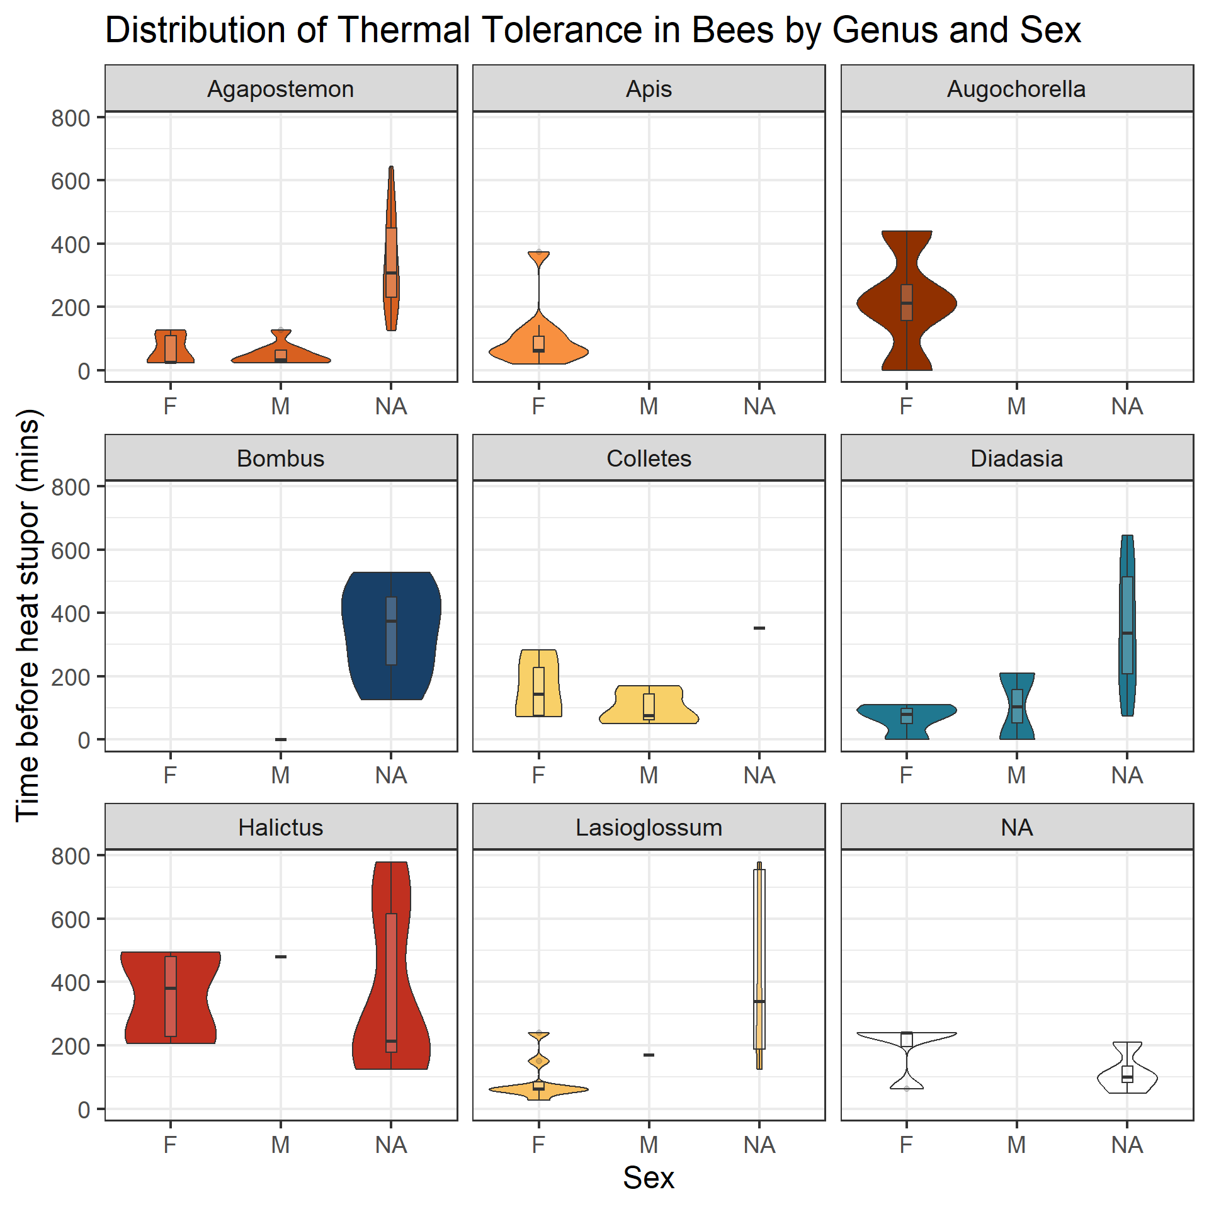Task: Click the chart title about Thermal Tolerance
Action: [593, 30]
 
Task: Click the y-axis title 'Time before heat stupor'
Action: [28, 615]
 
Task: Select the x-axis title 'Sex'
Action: [648, 1177]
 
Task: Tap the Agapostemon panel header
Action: [281, 89]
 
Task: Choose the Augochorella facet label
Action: [1016, 89]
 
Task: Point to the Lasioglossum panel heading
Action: [649, 827]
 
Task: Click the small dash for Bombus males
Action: [281, 739]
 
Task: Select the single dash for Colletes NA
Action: [759, 628]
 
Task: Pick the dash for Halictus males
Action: [281, 956]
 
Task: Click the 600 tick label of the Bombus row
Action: [71, 550]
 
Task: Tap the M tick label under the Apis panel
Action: [649, 407]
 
